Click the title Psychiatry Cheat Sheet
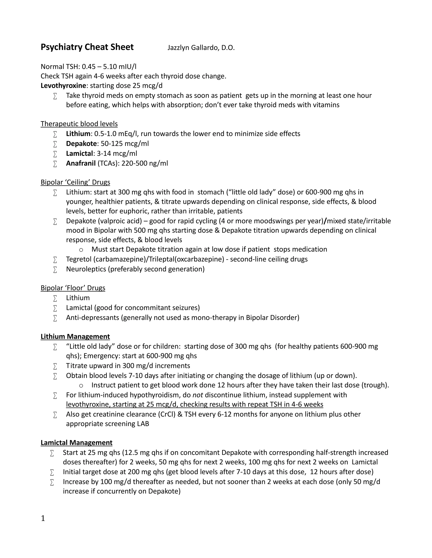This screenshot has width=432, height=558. pyautogui.click(x=87, y=47)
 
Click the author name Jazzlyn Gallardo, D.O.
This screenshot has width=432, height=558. pyautogui.click(x=201, y=48)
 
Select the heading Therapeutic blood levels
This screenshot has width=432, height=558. pyautogui.click(x=79, y=124)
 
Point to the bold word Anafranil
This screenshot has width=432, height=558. pyautogui.click(x=81, y=163)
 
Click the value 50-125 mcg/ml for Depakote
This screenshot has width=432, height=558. pyautogui.click(x=125, y=144)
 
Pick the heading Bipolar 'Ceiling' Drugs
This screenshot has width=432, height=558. pyautogui.click(x=75, y=182)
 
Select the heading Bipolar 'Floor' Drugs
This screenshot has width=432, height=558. pyautogui.click(x=73, y=288)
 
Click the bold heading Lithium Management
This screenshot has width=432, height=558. pyautogui.click(x=75, y=336)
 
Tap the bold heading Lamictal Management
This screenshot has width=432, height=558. pyautogui.click(x=77, y=443)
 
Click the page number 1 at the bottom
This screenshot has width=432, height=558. pyautogui.click(x=43, y=518)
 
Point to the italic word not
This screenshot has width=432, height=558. pyautogui.click(x=198, y=395)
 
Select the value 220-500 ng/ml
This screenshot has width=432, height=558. pyautogui.click(x=144, y=163)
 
